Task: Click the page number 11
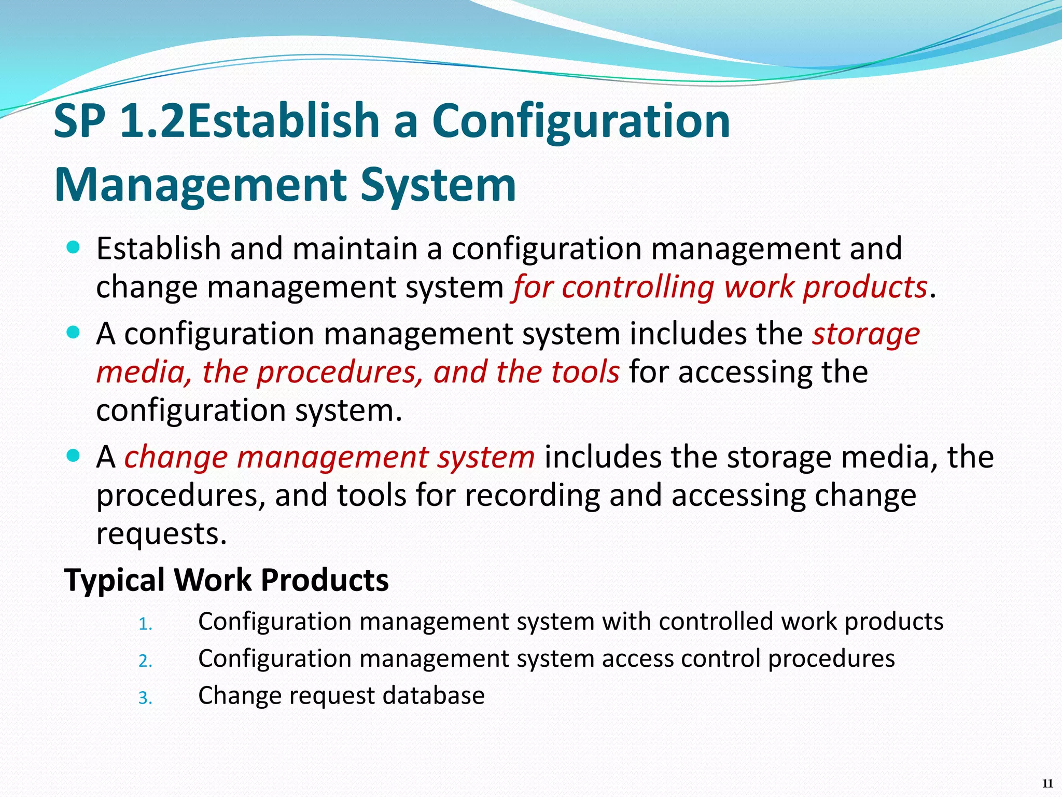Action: point(1047,784)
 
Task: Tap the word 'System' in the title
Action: point(438,185)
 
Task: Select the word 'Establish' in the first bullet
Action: point(158,249)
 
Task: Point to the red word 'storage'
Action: point(866,334)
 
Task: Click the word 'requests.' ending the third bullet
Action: point(162,533)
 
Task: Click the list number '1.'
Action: point(145,624)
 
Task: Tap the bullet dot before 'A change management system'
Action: point(74,456)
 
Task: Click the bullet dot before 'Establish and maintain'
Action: point(74,248)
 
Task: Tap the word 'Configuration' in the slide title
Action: point(581,121)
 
